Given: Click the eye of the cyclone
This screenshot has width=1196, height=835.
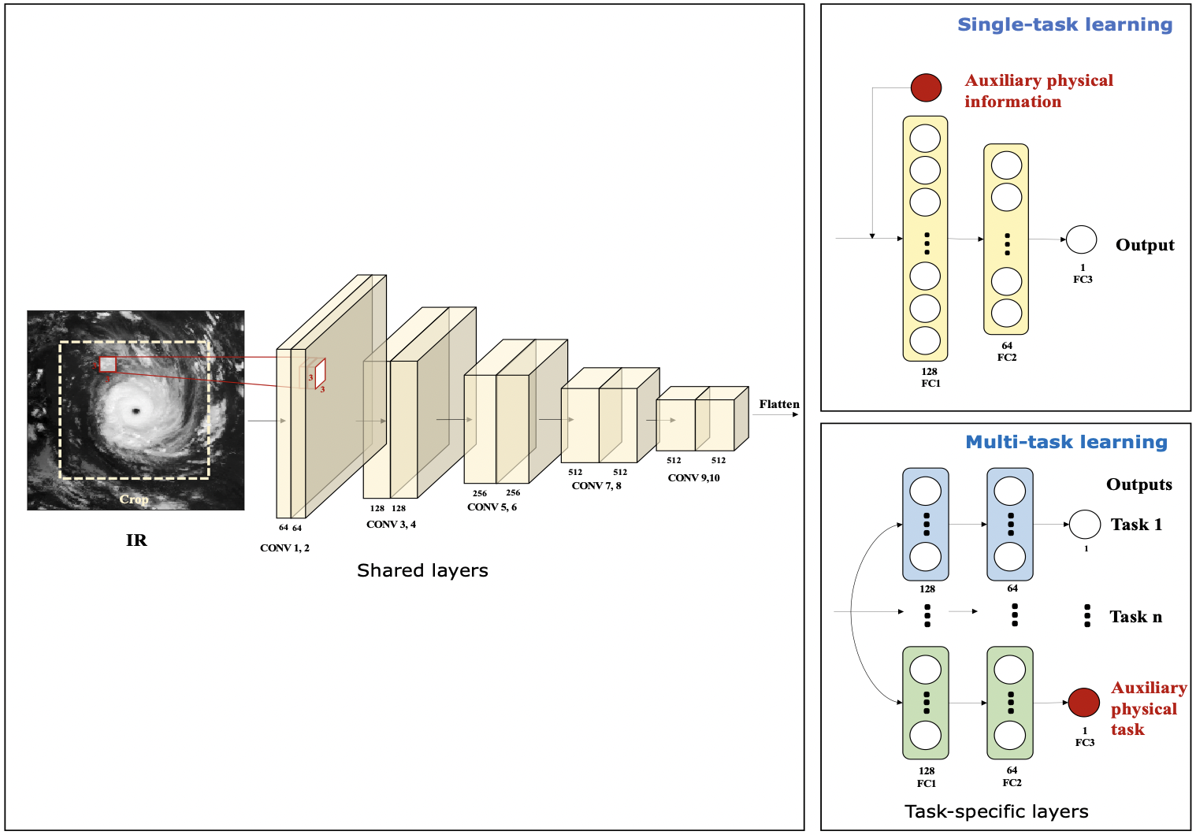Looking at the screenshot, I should tap(136, 411).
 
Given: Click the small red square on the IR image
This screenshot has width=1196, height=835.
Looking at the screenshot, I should tap(108, 365).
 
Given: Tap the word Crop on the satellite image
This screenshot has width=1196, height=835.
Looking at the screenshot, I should tap(134, 499).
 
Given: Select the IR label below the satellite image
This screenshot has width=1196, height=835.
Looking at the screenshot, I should tap(136, 540).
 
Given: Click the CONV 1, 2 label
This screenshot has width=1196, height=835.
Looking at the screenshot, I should tap(284, 548).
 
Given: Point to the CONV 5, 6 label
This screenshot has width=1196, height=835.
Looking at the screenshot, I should tap(492, 507).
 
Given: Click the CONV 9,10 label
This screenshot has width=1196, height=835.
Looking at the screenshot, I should tap(693, 478).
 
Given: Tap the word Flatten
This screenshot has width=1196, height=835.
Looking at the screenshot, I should tap(778, 404).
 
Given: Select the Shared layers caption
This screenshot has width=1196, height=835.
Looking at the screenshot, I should tap(422, 570).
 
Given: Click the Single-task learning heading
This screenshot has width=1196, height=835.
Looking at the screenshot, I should tap(1064, 25).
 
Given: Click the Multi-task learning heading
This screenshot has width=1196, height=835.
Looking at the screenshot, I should tap(1066, 443).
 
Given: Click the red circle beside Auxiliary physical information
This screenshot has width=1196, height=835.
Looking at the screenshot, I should tap(926, 87).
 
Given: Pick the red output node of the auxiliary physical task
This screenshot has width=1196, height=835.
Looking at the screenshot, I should tap(1083, 702).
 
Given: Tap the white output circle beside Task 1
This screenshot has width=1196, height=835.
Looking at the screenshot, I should tap(1084, 524).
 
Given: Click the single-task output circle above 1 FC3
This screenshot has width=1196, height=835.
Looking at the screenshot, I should tap(1081, 239).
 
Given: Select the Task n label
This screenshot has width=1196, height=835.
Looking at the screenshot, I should tap(1135, 617).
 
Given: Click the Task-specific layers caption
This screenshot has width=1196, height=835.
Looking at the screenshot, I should tap(996, 811).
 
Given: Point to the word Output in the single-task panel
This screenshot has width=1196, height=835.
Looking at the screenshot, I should tap(1144, 245).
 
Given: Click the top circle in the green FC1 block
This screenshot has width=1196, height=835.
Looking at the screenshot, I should tap(925, 670).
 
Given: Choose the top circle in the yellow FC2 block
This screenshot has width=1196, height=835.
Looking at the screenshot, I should tap(1006, 165).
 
